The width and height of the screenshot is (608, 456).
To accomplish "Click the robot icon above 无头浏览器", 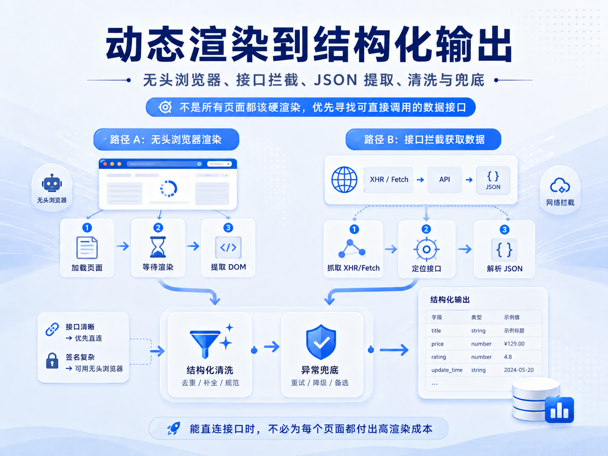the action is (x=52, y=183).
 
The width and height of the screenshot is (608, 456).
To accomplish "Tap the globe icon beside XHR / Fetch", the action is (x=344, y=180).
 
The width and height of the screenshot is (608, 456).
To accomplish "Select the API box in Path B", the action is (x=445, y=180).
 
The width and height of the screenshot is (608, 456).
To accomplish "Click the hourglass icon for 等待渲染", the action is (x=157, y=247).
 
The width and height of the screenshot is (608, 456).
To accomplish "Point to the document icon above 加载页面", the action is (x=86, y=247).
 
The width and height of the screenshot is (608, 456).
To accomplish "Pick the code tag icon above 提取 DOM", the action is (x=228, y=247).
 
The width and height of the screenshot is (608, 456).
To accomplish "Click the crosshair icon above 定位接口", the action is (x=426, y=249).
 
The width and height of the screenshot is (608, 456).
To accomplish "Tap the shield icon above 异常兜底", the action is (x=321, y=342).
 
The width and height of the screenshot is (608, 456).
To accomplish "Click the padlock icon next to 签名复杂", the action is (x=52, y=361).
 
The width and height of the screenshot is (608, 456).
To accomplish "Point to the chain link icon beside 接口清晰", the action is (x=52, y=329).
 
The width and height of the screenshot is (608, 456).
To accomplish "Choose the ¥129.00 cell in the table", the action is (x=514, y=343).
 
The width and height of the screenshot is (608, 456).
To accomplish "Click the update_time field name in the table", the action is (x=447, y=370).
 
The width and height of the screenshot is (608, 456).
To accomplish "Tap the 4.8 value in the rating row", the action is (x=508, y=357).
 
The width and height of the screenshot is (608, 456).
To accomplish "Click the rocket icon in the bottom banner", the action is (x=174, y=429).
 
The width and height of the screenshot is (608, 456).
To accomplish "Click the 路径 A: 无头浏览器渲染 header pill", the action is (x=166, y=139).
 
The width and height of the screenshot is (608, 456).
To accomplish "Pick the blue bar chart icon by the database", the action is (x=559, y=410).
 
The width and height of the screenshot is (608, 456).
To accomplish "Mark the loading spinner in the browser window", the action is (x=169, y=189).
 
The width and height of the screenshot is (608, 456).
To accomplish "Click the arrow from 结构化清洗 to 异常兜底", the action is (x=271, y=347).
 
